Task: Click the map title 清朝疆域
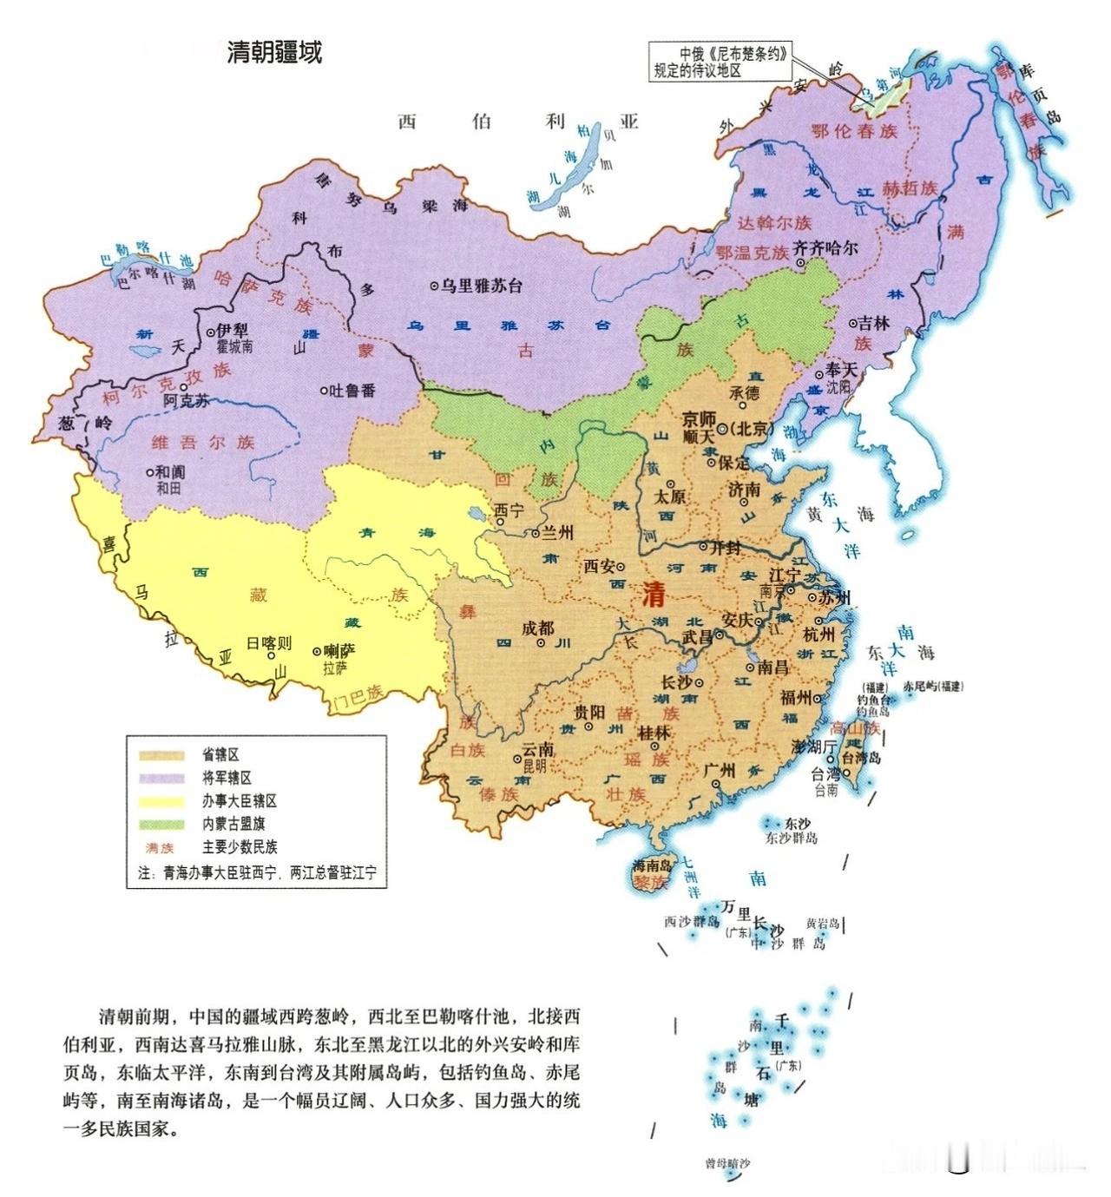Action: [274, 53]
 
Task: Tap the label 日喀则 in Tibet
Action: [269, 644]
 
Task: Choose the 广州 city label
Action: [721, 770]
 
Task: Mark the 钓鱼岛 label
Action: [875, 698]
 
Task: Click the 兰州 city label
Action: [557, 533]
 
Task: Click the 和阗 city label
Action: [170, 472]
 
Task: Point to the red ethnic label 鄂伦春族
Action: [853, 132]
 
